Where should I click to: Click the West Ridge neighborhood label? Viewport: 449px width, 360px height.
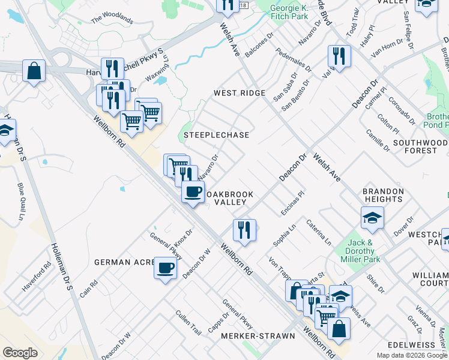tap(240, 93)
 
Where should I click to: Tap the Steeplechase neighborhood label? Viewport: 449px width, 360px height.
tap(216, 135)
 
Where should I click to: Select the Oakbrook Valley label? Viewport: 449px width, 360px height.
tap(230, 199)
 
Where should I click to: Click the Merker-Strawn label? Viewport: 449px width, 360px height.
tap(257, 336)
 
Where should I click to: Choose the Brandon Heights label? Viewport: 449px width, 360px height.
tap(382, 195)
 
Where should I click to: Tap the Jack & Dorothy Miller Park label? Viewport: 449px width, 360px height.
tap(360, 251)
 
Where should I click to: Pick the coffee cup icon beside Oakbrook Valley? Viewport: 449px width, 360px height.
tap(193, 192)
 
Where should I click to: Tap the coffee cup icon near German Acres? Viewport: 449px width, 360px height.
tap(165, 268)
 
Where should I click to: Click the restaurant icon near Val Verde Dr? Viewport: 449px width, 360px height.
tap(339, 56)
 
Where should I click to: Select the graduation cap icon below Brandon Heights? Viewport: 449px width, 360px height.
tap(372, 218)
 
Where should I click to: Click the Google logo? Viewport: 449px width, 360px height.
tap(20, 353)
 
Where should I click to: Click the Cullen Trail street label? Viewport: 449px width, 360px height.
tap(188, 322)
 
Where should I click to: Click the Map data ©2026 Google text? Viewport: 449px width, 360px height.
tap(412, 355)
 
